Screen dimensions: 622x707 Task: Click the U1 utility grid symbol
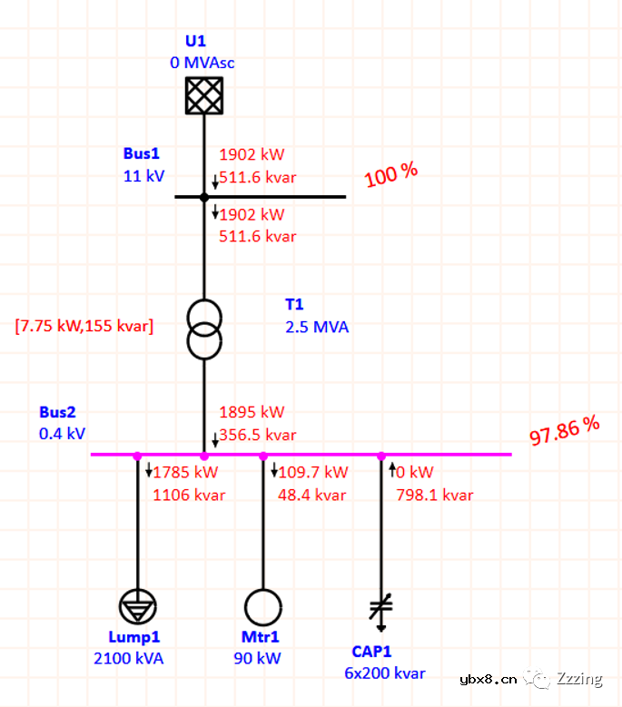[x=204, y=95]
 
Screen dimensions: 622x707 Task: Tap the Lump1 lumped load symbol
[x=138, y=607]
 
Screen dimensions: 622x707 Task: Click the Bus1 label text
[x=141, y=153]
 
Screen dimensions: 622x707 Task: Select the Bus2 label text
[x=57, y=412]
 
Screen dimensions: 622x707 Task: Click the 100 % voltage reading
[x=391, y=174]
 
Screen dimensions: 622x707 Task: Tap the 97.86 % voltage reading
[x=564, y=430]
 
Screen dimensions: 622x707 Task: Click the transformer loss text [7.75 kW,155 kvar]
[x=84, y=326]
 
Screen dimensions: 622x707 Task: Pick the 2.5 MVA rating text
[x=317, y=327]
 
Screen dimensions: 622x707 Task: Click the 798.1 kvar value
[x=435, y=495]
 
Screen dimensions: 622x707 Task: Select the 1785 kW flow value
[x=185, y=472]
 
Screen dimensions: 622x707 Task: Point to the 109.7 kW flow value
[x=313, y=472]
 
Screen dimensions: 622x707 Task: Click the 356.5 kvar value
[x=258, y=435]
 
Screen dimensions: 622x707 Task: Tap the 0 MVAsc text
[x=202, y=63]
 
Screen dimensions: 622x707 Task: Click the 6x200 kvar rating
[x=385, y=673]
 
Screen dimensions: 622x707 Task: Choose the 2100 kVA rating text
[x=129, y=658]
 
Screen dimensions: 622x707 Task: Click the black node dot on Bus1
[x=204, y=197]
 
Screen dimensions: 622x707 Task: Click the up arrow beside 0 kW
[x=392, y=469]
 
